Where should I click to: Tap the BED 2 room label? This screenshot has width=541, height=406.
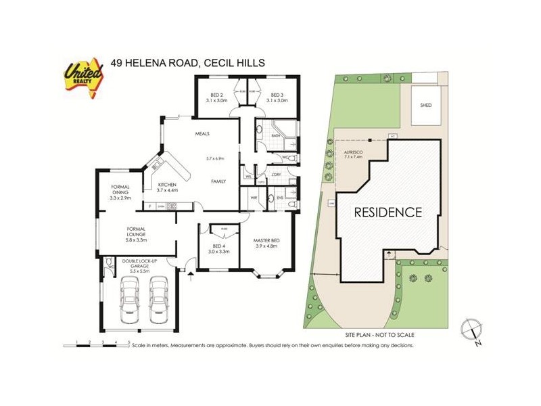[x=216, y=95]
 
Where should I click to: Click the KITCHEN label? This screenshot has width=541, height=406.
[x=167, y=185]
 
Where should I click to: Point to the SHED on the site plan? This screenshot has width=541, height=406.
[x=425, y=106]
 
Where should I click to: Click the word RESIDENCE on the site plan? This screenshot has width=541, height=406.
[x=389, y=212]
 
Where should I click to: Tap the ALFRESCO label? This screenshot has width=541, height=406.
[x=354, y=153]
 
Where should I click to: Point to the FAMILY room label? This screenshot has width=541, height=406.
[x=218, y=181]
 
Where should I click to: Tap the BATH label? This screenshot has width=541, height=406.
[x=275, y=135]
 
